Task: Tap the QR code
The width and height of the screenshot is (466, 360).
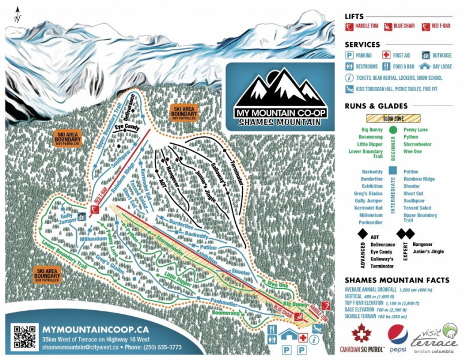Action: pyautogui.click(x=25, y=337)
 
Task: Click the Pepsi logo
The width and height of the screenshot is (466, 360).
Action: pyautogui.click(x=397, y=337)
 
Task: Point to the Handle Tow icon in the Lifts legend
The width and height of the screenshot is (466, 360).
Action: pyautogui.click(x=350, y=27)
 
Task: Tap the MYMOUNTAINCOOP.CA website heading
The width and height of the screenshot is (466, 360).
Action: pyautogui.click(x=95, y=329)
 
